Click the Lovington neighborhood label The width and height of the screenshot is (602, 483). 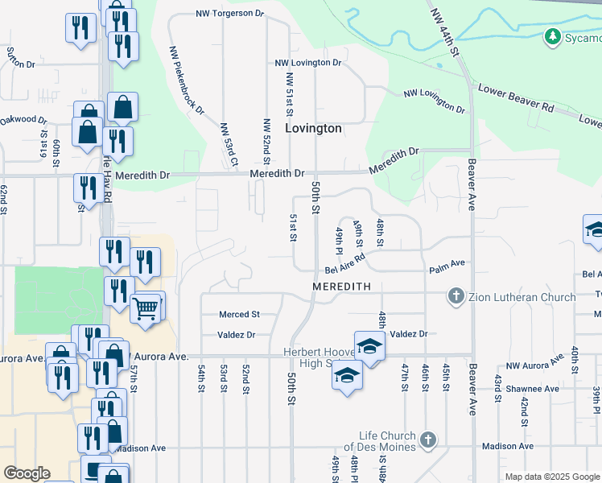coord(314,128)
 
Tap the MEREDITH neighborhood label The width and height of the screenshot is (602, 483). coord(342,287)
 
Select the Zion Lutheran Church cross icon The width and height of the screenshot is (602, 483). coord(456,297)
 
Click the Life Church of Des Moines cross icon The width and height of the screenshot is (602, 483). coord(428,440)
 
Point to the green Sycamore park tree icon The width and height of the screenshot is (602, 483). coord(552,37)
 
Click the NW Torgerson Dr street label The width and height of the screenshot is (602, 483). coord(230,14)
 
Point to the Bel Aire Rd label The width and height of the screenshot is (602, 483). coord(345,264)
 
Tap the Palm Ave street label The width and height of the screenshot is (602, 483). coord(447,263)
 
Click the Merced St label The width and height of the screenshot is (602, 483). coord(240,314)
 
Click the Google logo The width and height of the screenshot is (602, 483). coord(27,473)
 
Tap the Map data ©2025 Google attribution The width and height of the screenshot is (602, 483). coord(552,477)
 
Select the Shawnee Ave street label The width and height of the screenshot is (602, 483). coord(532,388)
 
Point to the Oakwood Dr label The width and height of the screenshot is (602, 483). coord(23,120)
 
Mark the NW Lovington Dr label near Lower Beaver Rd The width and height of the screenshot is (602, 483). coord(435,101)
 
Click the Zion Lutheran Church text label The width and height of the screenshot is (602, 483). coord(521,297)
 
